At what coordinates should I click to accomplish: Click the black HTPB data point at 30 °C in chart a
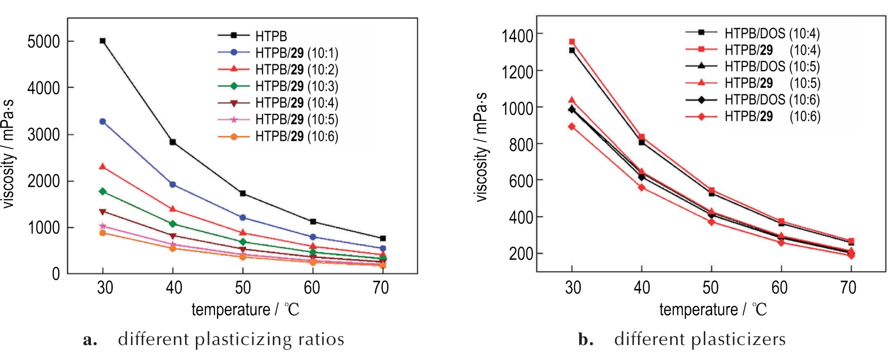pyautogui.click(x=102, y=41)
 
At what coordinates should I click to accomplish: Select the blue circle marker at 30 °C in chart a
pyautogui.click(x=102, y=121)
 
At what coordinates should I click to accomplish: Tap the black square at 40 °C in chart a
pyautogui.click(x=173, y=142)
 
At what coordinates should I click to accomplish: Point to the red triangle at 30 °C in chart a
pyautogui.click(x=102, y=166)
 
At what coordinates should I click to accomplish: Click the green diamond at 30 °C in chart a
pyautogui.click(x=102, y=191)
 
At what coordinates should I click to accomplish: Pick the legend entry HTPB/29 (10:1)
pyautogui.click(x=296, y=53)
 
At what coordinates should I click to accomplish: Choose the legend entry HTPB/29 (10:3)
pyautogui.click(x=296, y=86)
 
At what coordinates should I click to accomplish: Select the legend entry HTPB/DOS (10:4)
pyautogui.click(x=772, y=33)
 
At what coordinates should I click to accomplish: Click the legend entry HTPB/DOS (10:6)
pyautogui.click(x=772, y=99)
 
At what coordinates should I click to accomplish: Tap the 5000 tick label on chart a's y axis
pyautogui.click(x=43, y=42)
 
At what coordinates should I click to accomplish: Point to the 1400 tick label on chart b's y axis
pyautogui.click(x=517, y=36)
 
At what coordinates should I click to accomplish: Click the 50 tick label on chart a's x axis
pyautogui.click(x=243, y=288)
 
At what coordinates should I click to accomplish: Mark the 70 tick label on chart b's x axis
pyautogui.click(x=848, y=288)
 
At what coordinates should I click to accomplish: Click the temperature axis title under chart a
pyautogui.click(x=245, y=310)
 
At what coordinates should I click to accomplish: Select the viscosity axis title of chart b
pyautogui.click(x=481, y=147)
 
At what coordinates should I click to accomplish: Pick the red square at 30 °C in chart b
pyautogui.click(x=572, y=41)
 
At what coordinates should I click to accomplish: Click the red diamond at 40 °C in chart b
pyautogui.click(x=641, y=187)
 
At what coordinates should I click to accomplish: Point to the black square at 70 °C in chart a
pyautogui.click(x=382, y=238)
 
